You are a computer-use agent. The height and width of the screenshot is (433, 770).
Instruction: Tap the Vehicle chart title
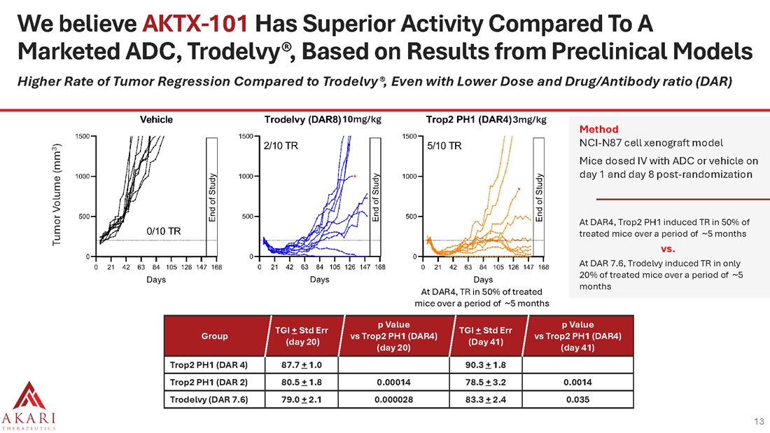[157, 119]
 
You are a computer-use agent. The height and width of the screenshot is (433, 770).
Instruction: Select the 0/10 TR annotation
[164, 231]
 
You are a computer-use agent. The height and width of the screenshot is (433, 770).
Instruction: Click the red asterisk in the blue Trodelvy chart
[356, 177]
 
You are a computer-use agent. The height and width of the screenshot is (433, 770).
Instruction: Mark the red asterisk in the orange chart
[518, 189]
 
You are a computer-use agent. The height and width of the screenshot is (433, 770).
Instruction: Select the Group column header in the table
[214, 336]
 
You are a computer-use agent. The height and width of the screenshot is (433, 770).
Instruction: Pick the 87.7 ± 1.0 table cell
[293, 365]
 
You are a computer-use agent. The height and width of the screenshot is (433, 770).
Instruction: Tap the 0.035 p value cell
[577, 400]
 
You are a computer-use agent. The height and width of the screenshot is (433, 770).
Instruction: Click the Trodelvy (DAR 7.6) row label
[208, 400]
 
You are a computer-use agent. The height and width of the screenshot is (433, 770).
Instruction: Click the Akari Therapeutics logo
[28, 404]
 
